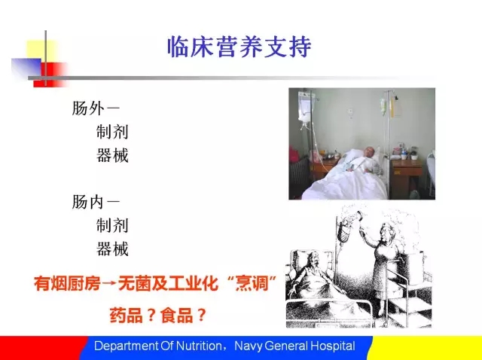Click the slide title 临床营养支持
click(239, 47)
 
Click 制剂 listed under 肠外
click(112, 132)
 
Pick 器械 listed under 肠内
click(112, 249)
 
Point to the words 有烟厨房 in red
click(67, 283)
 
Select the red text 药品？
click(133, 315)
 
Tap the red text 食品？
click(183, 315)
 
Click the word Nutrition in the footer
click(199, 346)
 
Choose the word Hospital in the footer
click(333, 346)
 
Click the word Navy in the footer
click(248, 346)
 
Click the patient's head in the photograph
click(370, 153)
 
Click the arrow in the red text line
click(109, 283)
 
